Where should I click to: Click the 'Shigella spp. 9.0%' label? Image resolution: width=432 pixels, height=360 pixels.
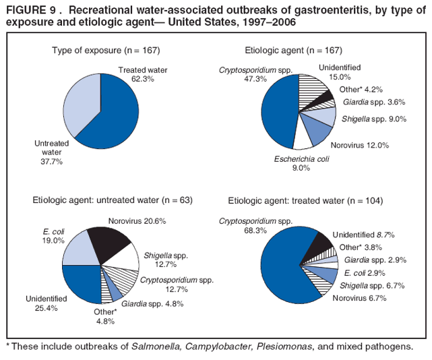[x=373, y=119]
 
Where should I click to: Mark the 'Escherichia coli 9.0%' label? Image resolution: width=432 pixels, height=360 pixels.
[x=301, y=164]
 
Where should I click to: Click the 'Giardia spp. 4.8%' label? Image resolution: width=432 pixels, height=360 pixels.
[x=152, y=303]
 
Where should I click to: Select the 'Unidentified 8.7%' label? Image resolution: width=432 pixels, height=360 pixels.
[x=363, y=235]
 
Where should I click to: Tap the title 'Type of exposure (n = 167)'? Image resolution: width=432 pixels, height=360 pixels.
[x=106, y=51]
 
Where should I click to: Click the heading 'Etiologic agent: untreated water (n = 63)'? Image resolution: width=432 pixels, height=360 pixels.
[x=113, y=200]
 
